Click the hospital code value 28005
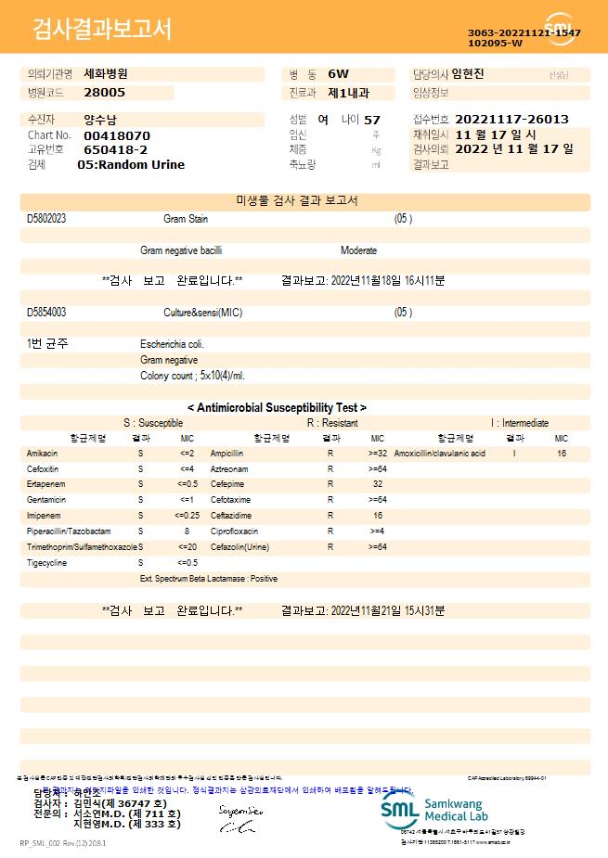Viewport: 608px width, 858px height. click(104, 93)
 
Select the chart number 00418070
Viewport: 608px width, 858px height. click(117, 135)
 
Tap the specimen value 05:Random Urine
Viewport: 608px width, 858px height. click(131, 165)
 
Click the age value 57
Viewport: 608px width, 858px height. click(372, 121)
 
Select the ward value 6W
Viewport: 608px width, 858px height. click(338, 73)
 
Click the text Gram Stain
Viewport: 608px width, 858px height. click(186, 219)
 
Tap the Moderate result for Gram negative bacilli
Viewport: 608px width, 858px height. click(358, 250)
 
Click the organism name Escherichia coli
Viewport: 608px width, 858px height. click(172, 344)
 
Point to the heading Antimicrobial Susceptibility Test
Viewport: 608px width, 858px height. click(277, 407)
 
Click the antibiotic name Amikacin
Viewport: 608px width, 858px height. click(43, 454)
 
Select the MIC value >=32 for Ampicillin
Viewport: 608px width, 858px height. click(378, 454)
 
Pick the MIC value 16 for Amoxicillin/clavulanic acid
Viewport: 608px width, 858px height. click(562, 454)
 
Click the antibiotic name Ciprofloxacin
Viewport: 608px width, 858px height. click(234, 531)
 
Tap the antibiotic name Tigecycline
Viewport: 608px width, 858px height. click(46, 563)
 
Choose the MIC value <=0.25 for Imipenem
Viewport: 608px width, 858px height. click(187, 516)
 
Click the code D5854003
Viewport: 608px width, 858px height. click(46, 313)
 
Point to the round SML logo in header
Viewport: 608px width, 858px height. click(560, 29)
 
